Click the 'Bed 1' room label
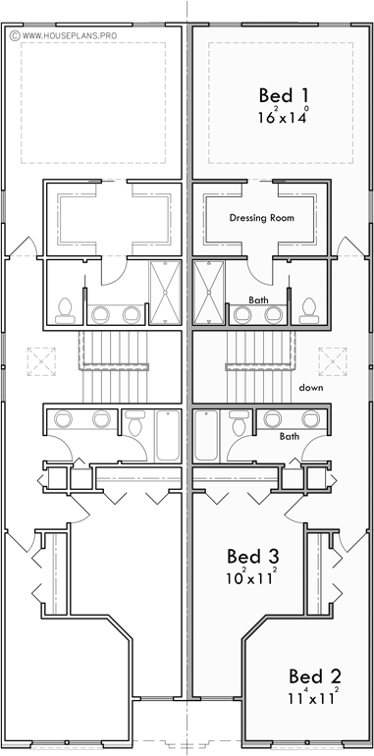pyautogui.click(x=277, y=95)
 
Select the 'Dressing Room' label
pyautogui.click(x=262, y=217)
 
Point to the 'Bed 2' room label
pyautogui.click(x=314, y=676)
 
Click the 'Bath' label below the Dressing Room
pyautogui.click(x=258, y=300)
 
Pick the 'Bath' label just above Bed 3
pyautogui.click(x=289, y=436)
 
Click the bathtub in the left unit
pyautogui.click(x=165, y=435)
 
